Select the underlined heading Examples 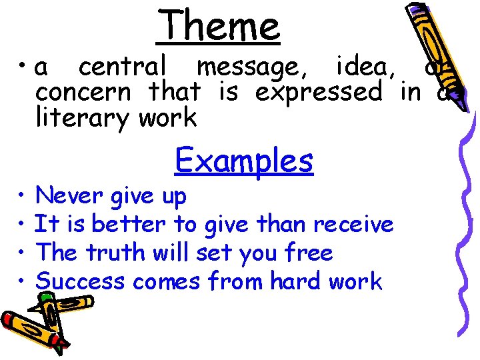[243, 161]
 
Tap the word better [129, 224]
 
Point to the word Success [80, 281]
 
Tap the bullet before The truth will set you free [23, 254]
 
